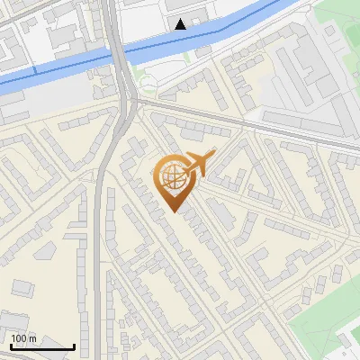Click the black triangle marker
pos(181,24)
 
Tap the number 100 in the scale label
pos(19,338)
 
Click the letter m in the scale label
pos(31,338)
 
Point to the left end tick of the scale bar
pos(10,346)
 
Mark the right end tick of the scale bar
pos(74,346)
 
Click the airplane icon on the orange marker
pos(199,163)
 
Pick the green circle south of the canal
pos(148,85)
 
